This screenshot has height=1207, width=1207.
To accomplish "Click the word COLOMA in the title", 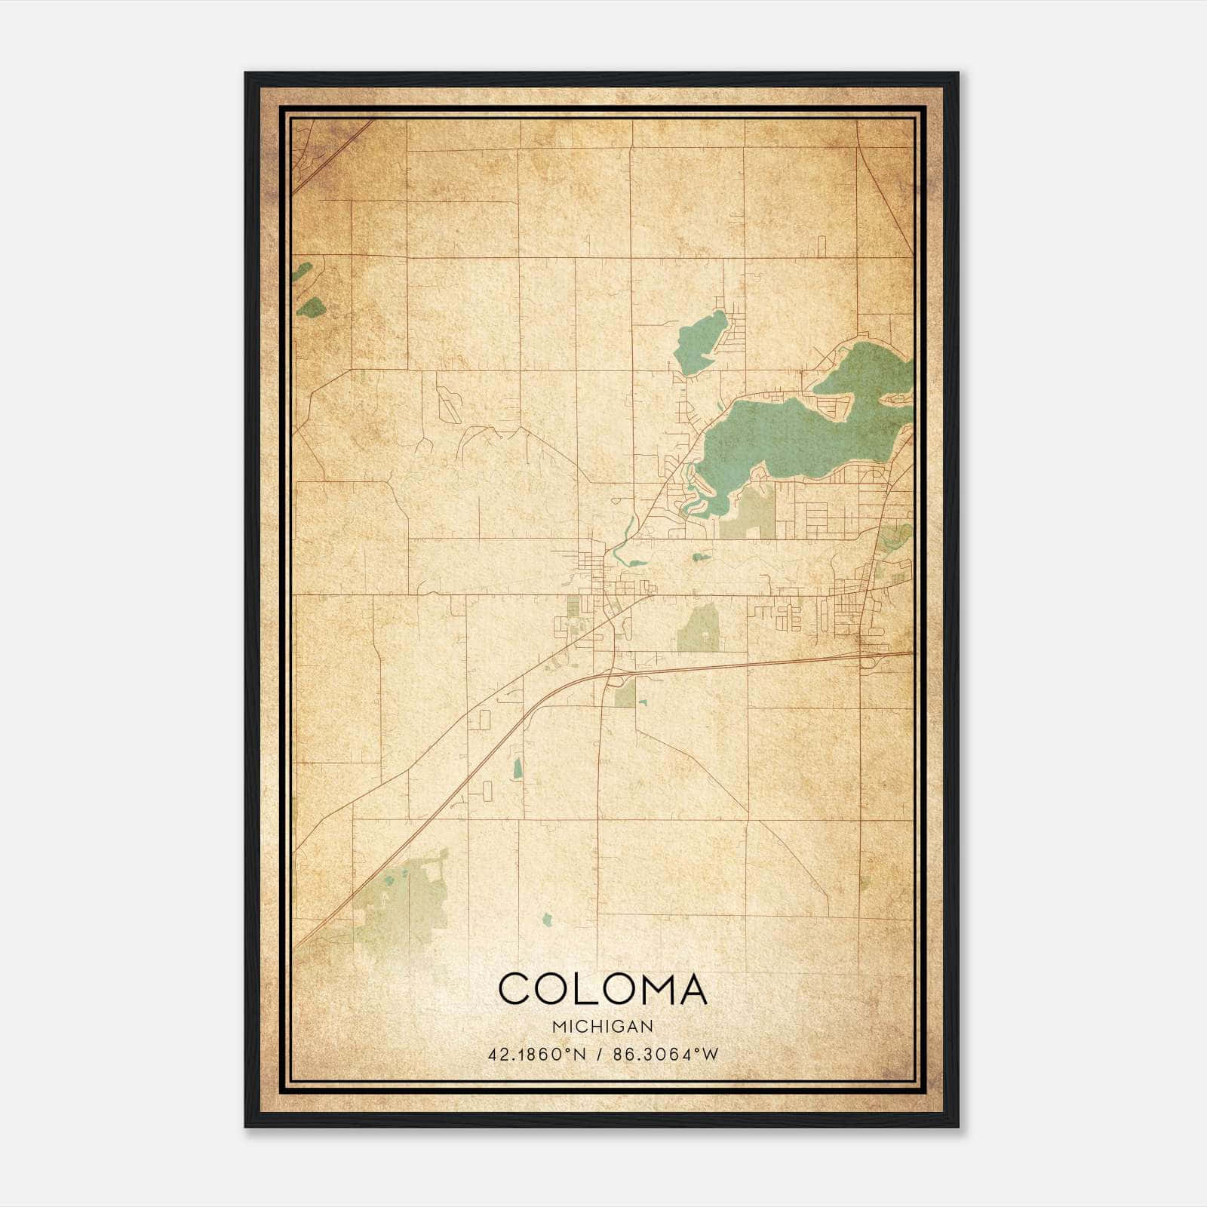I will coord(603,989).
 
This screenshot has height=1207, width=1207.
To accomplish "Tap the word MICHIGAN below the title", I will coord(603,1026).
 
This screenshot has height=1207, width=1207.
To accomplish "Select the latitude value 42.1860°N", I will coord(536,1054).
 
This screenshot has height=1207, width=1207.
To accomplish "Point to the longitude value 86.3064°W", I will coord(666,1054).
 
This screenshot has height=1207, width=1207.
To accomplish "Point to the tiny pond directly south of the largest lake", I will coord(700,557).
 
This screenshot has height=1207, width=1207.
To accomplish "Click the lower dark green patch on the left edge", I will coord(312,306).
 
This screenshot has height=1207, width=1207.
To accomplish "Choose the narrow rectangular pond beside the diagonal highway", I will coord(518,769).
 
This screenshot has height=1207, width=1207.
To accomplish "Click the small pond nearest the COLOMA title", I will coord(547,920).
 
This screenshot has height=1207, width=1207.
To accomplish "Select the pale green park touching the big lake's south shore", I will coord(747,513).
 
